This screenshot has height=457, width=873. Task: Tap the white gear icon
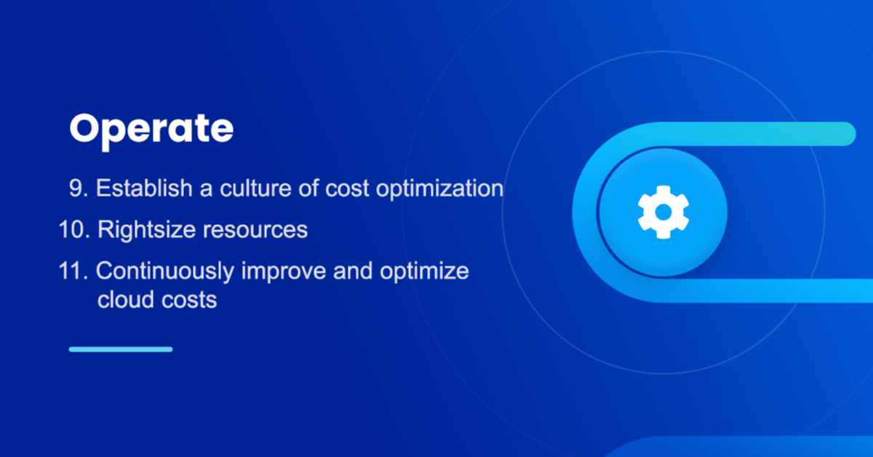click(663, 212)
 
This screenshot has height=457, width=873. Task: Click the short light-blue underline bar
click(121, 349)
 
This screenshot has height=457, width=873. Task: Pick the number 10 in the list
click(74, 229)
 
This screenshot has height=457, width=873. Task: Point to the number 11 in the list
click(73, 271)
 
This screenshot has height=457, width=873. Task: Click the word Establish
click(144, 188)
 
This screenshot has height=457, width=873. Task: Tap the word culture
click(255, 188)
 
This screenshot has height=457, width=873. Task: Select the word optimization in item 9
click(439, 190)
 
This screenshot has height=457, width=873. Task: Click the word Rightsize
click(146, 230)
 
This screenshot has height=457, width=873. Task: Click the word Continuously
click(165, 271)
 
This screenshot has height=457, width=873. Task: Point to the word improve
click(284, 271)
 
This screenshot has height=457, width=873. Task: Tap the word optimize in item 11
click(424, 271)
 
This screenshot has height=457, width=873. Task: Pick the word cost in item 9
click(347, 189)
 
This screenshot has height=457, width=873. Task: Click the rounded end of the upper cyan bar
click(850, 134)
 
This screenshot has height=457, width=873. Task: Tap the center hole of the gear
click(663, 212)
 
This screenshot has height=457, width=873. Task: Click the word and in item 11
click(353, 271)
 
